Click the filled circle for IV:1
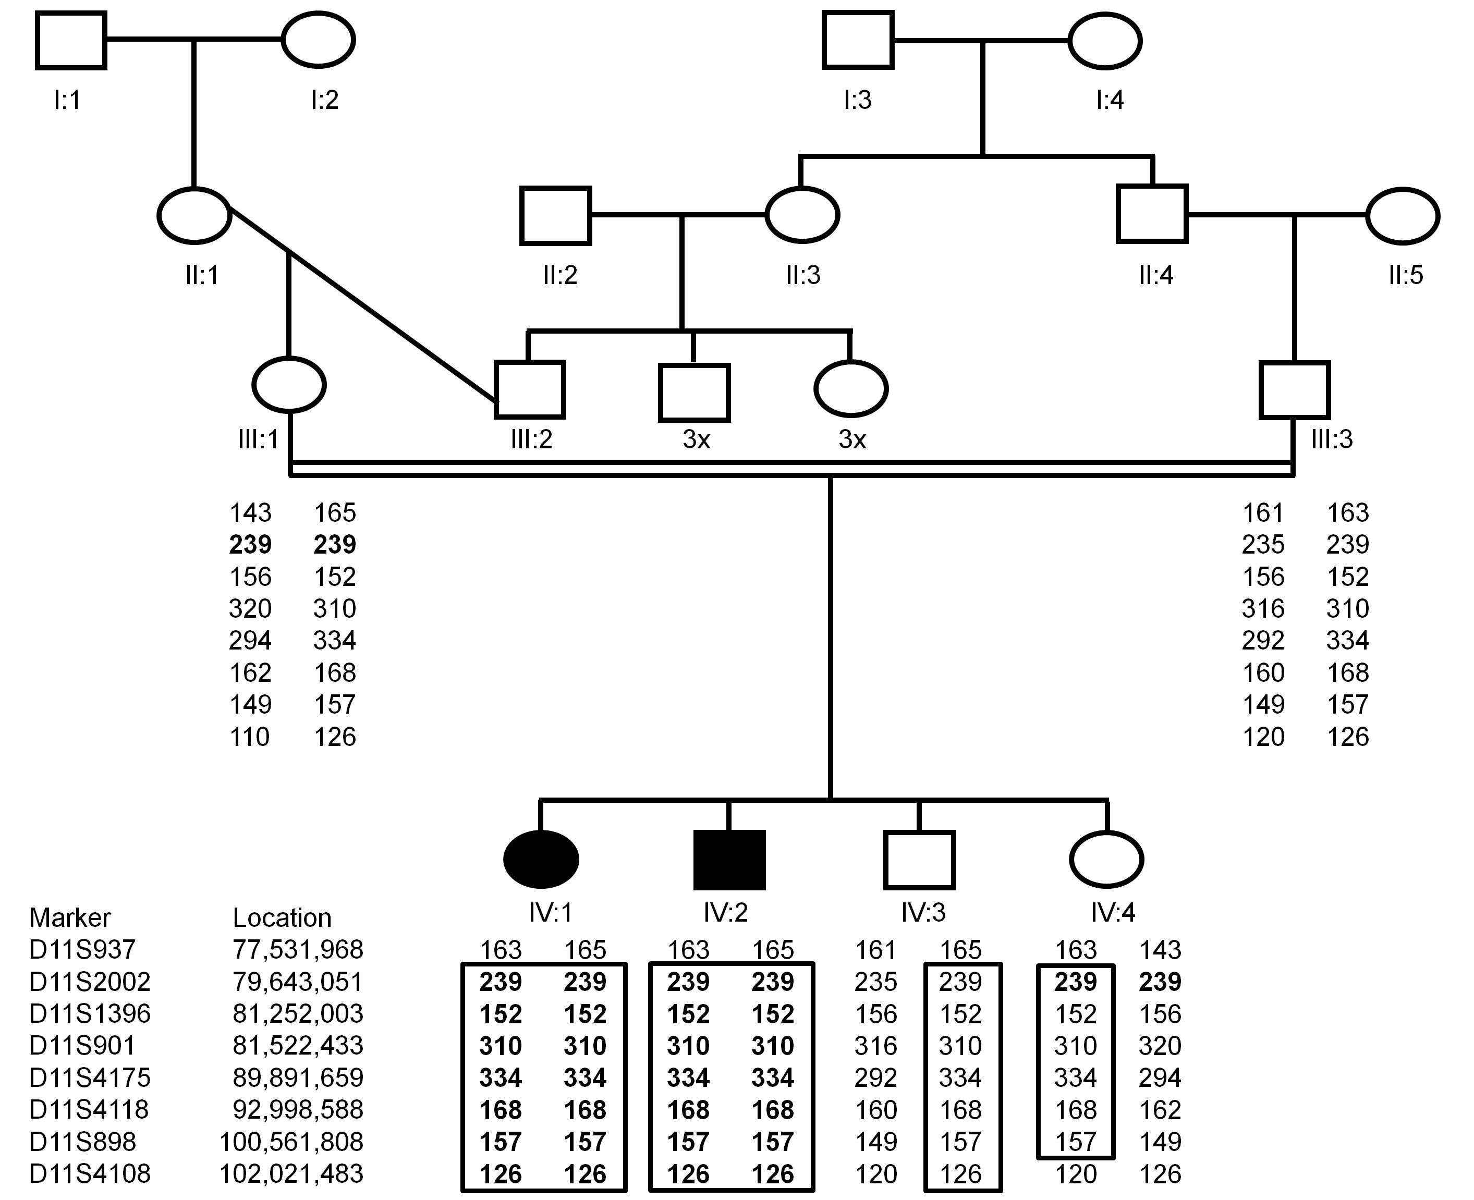pos(541,859)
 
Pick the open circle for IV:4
pos(1106,859)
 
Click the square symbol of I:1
pos(70,41)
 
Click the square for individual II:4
pos(1152,214)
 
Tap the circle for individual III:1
pos(289,384)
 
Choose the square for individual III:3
pos(1294,390)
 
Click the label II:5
pos(1406,276)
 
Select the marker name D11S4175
pos(90,1077)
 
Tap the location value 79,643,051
pos(297,982)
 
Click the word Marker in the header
pos(70,918)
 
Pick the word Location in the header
pos(282,918)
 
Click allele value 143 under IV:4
pos(1160,950)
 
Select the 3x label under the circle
pos(852,439)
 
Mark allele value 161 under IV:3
pos(875,950)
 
